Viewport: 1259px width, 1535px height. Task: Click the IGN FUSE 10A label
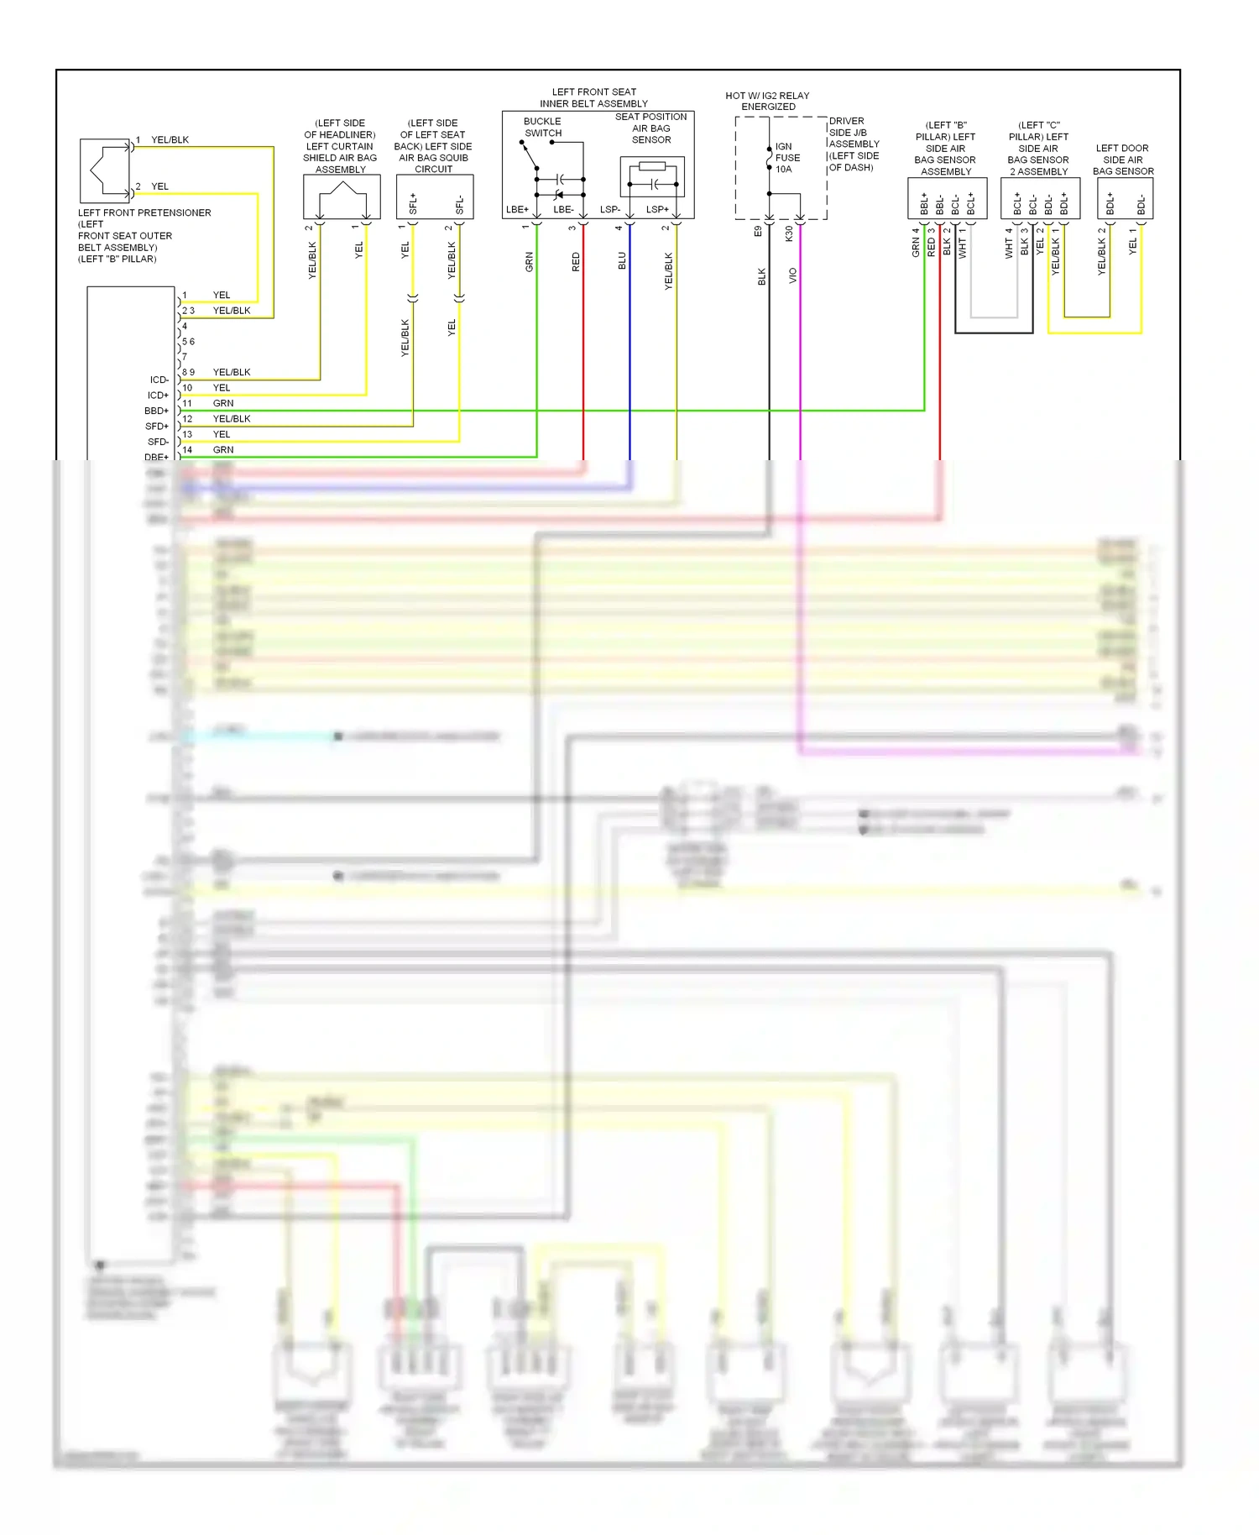(x=787, y=158)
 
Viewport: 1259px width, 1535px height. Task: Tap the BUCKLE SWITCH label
(x=543, y=127)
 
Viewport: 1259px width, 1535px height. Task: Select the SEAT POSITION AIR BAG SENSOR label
(x=651, y=128)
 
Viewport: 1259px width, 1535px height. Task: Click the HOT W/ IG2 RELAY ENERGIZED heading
(x=767, y=101)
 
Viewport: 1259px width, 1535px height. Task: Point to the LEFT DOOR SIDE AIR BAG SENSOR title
(x=1123, y=160)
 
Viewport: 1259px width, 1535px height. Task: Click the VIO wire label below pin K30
(x=793, y=275)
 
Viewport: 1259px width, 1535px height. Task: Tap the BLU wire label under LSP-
(x=622, y=260)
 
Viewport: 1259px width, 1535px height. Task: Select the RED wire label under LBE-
(x=576, y=261)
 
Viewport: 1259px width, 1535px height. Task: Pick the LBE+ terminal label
(x=517, y=210)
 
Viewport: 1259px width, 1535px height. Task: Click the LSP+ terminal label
(x=658, y=210)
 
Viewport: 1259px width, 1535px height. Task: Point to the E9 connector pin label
(x=758, y=231)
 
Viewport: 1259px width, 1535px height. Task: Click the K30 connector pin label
(x=789, y=233)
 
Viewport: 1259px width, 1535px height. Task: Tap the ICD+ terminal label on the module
(x=158, y=396)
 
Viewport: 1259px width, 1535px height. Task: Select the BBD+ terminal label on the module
(x=157, y=411)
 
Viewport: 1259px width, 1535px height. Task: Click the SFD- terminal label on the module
(x=158, y=443)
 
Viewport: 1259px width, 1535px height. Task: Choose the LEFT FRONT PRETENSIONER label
(x=144, y=213)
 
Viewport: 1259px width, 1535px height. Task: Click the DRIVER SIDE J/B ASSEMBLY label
(x=854, y=144)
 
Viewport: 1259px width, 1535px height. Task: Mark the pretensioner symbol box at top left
(x=105, y=170)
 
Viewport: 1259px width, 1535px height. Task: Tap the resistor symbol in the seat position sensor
(x=652, y=168)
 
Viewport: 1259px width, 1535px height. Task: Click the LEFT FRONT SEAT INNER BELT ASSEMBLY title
(x=594, y=97)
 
